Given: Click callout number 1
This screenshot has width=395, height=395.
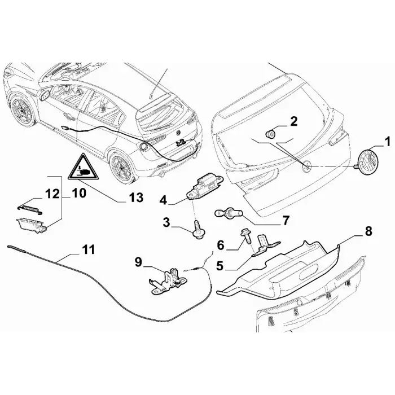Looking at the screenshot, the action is [x=387, y=142].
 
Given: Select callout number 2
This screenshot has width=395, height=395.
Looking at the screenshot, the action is [x=294, y=121].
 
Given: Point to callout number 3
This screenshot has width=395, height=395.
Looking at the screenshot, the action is [x=166, y=223].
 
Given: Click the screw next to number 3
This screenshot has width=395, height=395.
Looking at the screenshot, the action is [x=199, y=229].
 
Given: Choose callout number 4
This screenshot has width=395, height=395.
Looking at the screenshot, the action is [x=163, y=200].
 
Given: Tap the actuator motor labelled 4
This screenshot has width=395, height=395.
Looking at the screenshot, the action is [x=204, y=186].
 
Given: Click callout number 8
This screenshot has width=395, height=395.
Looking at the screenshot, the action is [x=368, y=231].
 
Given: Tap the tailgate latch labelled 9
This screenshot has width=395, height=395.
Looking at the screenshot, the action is [x=166, y=281].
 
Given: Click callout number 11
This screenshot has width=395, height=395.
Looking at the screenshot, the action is [x=88, y=249].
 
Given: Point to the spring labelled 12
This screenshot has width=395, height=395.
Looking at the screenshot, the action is [x=29, y=209].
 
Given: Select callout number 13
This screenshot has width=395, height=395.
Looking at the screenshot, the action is [x=137, y=197].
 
